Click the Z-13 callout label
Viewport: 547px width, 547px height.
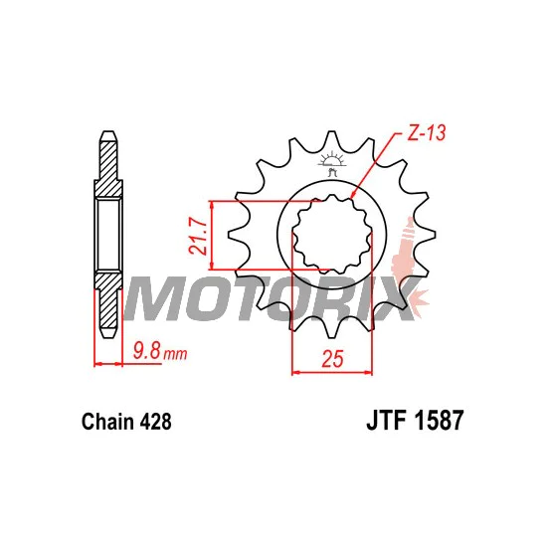tap(427, 133)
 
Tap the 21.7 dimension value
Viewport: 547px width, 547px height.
tap(198, 236)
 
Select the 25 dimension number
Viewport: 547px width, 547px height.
tap(332, 359)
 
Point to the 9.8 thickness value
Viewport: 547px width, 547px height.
tap(147, 351)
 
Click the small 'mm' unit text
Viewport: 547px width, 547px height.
tap(175, 355)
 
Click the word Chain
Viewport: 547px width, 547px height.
tap(107, 422)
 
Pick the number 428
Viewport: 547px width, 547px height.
tap(155, 422)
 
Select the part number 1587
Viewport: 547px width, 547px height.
tap(439, 420)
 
